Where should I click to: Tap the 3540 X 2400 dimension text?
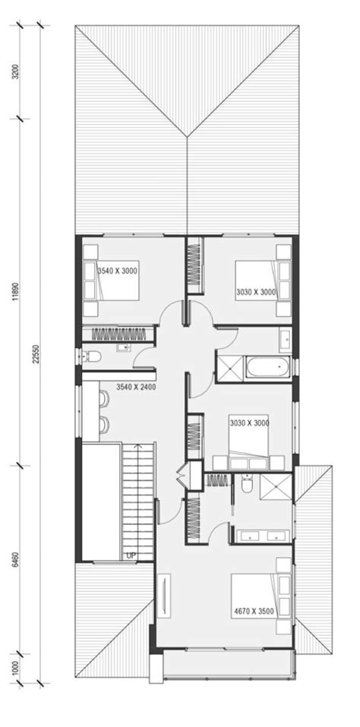[136, 387]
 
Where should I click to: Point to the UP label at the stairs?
[132, 556]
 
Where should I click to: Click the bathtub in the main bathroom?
[266, 368]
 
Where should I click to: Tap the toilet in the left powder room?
[92, 356]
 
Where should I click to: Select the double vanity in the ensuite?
[262, 536]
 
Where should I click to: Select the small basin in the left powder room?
[123, 348]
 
